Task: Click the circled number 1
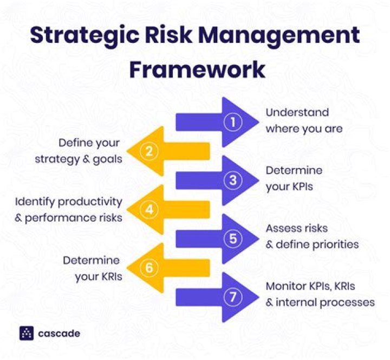[233, 123]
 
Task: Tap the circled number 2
[148, 152]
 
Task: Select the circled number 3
[233, 181]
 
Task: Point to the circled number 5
[233, 239]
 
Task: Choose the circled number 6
[148, 268]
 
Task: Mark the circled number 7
[233, 297]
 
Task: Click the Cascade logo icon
[27, 333]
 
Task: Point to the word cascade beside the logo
[59, 333]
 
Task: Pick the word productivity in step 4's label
[92, 202]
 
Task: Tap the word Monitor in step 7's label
[286, 287]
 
